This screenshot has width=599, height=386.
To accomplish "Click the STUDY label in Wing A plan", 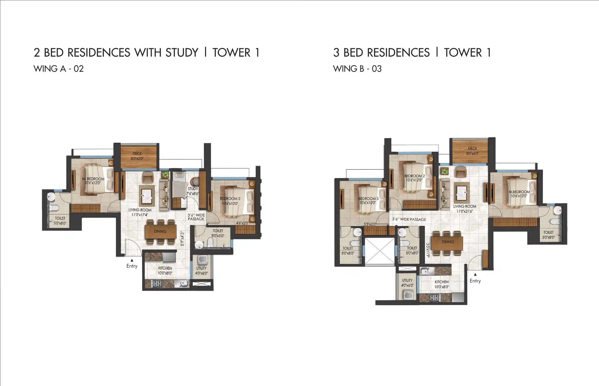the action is tap(193, 189).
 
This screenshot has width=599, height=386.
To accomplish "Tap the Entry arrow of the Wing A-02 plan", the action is tap(132, 260).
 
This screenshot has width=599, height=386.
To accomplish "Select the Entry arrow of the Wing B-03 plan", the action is tap(475, 274).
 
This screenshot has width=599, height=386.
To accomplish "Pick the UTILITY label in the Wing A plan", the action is tap(201, 268).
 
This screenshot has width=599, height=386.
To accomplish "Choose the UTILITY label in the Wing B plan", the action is tap(407, 280).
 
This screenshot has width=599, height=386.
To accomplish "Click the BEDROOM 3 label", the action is tap(368, 199).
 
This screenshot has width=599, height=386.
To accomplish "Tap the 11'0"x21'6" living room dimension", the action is tap(464, 211).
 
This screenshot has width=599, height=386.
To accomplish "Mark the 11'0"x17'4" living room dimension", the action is tap(140, 215).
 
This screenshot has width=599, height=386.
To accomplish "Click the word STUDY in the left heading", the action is tap(182, 53).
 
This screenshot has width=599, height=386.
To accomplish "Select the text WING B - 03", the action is tap(357, 69).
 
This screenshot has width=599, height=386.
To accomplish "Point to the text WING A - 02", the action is tap(59, 69).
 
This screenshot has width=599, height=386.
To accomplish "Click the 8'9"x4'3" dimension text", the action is tap(183, 239).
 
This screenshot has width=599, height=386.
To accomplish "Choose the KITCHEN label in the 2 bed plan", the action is tap(165, 268).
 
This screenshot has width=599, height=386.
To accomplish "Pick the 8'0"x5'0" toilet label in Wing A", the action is tap(218, 236).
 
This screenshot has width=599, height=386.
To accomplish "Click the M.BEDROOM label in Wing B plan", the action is tap(519, 192).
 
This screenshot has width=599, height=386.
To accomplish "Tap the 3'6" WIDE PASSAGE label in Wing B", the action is tap(409, 219).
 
